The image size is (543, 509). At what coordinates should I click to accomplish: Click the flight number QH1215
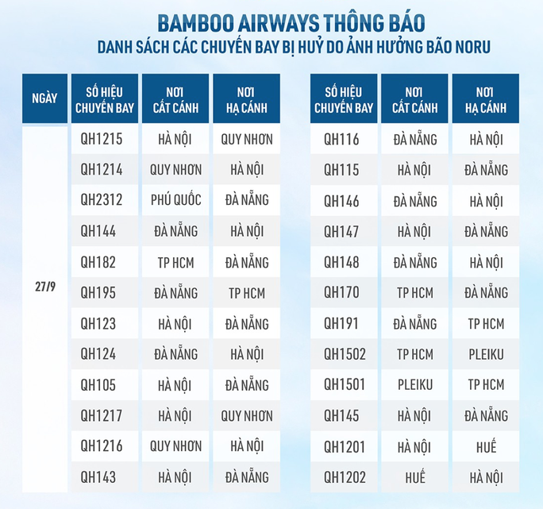point(102,140)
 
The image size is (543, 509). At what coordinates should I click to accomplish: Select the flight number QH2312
point(102,201)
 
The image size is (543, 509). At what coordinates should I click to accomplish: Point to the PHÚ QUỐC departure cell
point(175,201)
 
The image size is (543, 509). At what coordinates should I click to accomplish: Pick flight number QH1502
point(345,355)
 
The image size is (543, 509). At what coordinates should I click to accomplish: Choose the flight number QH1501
point(345,385)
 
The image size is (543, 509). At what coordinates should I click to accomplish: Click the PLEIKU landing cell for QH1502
point(486,355)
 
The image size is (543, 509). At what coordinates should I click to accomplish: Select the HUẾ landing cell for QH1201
point(486,447)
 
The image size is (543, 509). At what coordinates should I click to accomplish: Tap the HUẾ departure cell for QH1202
point(414,478)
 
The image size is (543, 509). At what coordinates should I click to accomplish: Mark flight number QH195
point(98,293)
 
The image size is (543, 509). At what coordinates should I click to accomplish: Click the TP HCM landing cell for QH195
point(247,293)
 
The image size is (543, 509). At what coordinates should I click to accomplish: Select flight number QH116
point(341,140)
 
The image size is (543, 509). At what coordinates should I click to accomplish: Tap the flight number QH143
point(98,478)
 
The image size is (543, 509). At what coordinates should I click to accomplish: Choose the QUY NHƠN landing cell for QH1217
point(247,416)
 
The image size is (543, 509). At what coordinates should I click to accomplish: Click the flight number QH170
point(341,293)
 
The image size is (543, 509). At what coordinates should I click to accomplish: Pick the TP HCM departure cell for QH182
point(175,262)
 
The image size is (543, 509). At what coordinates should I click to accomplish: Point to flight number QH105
point(98,385)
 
